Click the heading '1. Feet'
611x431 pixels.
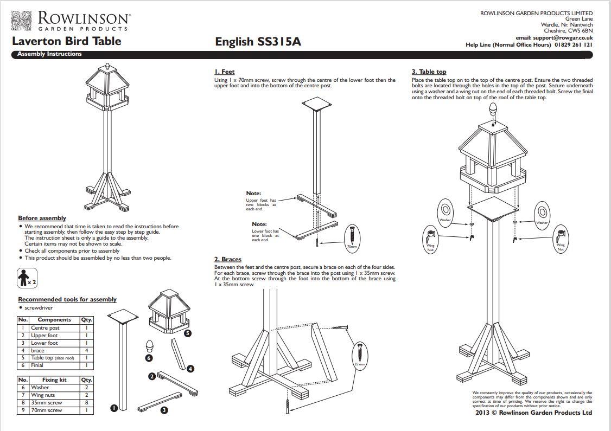click(224, 72)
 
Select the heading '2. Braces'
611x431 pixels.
click(227, 259)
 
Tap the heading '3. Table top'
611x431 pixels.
click(429, 72)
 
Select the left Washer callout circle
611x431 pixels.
click(445, 212)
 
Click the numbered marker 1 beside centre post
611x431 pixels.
click(114, 408)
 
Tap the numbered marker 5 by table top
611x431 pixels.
click(187, 333)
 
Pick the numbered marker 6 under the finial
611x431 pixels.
click(149, 358)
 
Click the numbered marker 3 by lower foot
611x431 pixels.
click(164, 410)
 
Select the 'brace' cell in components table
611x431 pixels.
click(38, 351)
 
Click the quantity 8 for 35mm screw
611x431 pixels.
click(86, 403)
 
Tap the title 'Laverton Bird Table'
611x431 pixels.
click(67, 41)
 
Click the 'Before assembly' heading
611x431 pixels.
click(42, 218)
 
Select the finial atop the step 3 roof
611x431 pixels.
click(493, 106)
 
